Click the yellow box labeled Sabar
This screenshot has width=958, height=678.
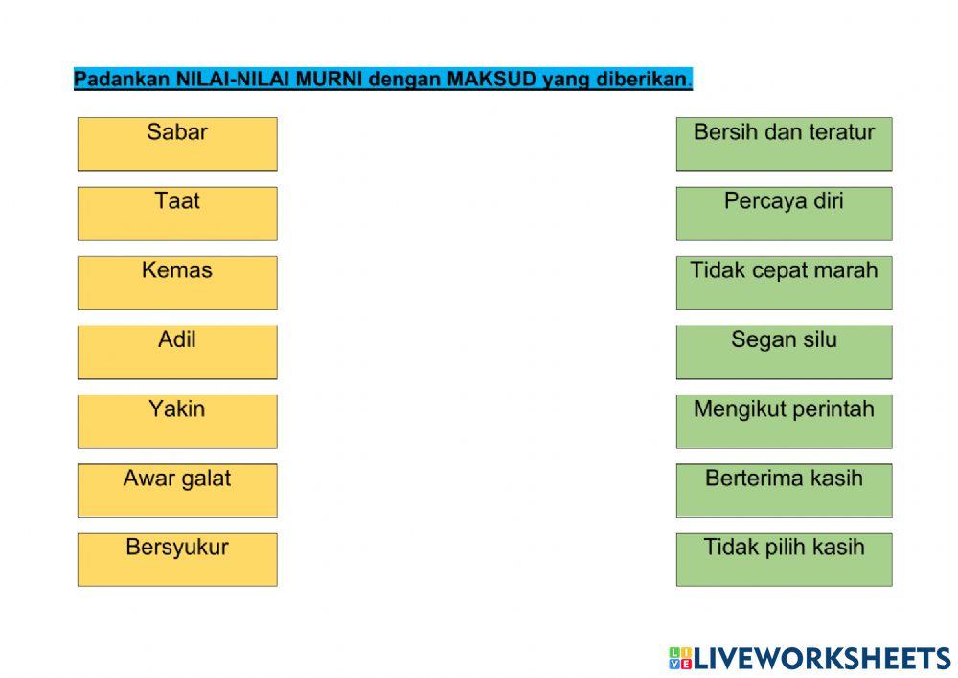point(177,144)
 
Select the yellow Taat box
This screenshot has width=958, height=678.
point(177,213)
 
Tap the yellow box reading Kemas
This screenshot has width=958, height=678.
point(177,282)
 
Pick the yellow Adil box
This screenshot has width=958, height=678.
point(177,351)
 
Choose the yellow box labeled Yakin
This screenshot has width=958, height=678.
point(177,420)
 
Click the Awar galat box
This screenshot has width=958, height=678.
point(177,490)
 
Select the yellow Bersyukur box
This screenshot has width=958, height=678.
point(177,559)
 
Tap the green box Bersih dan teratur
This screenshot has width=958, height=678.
point(784,144)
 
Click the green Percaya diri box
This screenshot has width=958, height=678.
point(784,213)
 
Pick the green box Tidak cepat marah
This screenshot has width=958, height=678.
point(784,282)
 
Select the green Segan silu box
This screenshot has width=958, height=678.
point(784,351)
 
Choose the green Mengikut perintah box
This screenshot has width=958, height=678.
point(784,420)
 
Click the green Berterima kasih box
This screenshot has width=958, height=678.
point(784,490)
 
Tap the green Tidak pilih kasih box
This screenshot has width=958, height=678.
point(784,559)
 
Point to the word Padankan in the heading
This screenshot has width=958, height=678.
point(123,80)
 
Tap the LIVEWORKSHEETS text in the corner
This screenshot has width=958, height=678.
point(822,658)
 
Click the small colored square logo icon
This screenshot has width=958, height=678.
point(680,658)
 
